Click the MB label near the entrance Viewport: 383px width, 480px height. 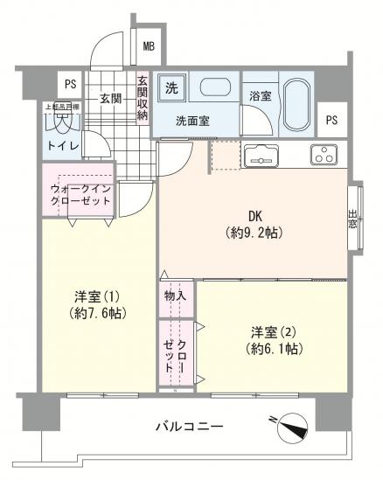[149, 45]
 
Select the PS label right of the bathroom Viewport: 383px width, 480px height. [331, 120]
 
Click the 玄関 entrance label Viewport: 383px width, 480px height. [110, 99]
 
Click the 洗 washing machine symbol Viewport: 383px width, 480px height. [172, 87]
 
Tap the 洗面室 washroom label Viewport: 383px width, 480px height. [192, 122]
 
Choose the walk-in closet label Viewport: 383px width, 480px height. [80, 194]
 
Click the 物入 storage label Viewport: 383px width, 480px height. [175, 296]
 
